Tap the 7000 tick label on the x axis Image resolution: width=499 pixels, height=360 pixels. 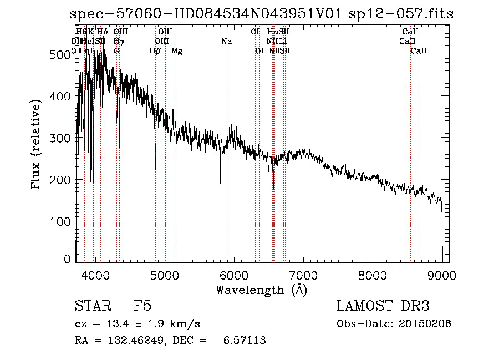(303, 276)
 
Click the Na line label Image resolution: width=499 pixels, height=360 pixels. (226, 42)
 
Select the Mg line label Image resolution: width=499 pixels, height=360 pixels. (177, 52)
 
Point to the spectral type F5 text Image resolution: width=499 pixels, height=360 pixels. (143, 307)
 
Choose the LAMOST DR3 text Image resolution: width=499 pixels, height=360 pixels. (383, 307)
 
